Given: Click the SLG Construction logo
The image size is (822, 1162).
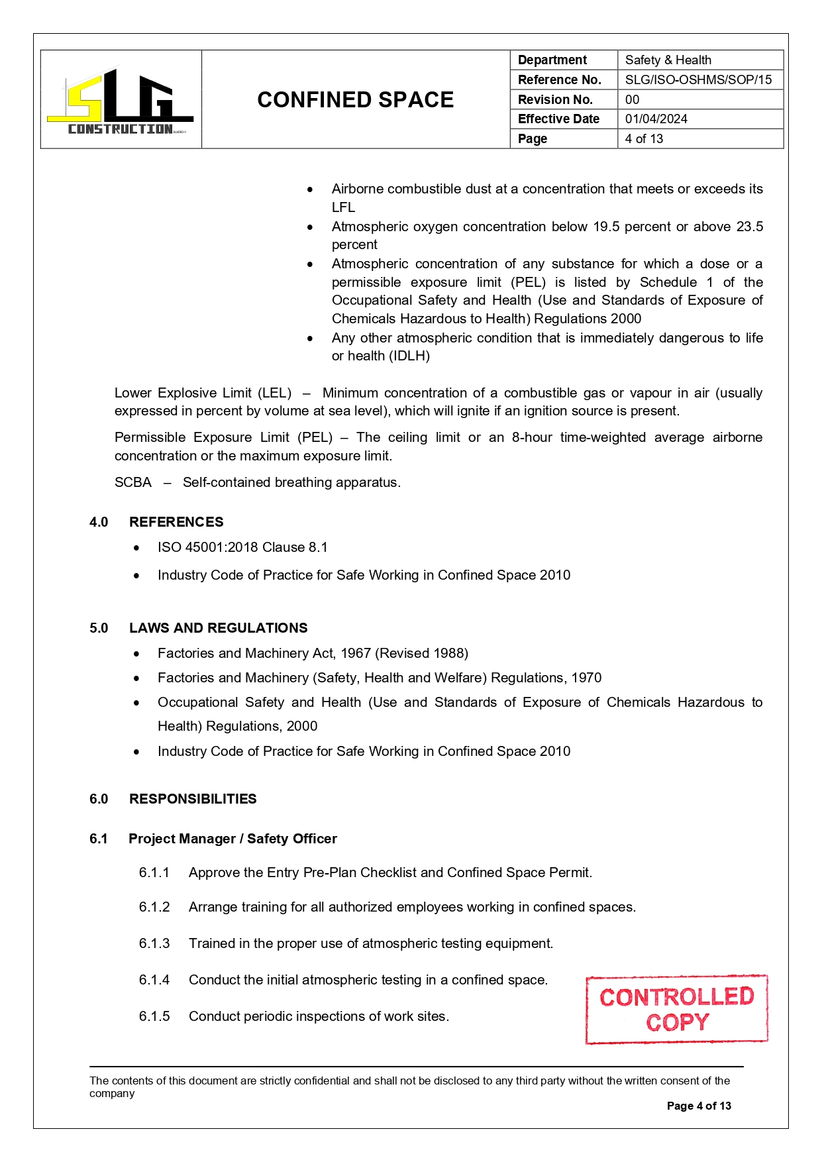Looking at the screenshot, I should pyautogui.click(x=120, y=101).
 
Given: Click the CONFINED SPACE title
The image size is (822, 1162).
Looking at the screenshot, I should pyautogui.click(x=355, y=99).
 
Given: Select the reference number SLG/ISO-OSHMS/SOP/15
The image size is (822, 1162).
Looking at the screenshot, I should pyautogui.click(x=698, y=79).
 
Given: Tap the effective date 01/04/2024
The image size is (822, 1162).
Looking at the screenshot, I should pyautogui.click(x=656, y=119).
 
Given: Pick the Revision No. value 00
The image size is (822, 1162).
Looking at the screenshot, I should pyautogui.click(x=632, y=99).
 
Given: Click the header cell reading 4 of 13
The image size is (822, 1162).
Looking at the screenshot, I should pyautogui.click(x=644, y=138).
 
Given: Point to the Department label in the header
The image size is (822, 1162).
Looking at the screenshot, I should pyautogui.click(x=552, y=60).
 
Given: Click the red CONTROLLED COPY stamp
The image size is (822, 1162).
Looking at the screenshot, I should pyautogui.click(x=676, y=1009).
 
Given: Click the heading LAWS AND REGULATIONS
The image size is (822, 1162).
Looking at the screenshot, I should pyautogui.click(x=218, y=628).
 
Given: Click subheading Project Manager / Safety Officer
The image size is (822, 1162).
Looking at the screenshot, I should pyautogui.click(x=232, y=839).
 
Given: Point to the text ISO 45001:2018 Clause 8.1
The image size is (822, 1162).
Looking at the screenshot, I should pyautogui.click(x=242, y=547).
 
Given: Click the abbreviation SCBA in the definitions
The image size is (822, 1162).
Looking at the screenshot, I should pyautogui.click(x=132, y=482).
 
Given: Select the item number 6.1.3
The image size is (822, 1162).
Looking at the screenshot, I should pyautogui.click(x=154, y=943).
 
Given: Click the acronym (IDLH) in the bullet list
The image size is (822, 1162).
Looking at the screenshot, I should pyautogui.click(x=409, y=356).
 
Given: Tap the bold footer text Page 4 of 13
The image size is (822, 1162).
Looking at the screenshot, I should pyautogui.click(x=698, y=1106).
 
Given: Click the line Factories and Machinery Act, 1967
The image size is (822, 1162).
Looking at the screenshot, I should pyautogui.click(x=313, y=653).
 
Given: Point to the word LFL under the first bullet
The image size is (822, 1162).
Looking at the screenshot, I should pyautogui.click(x=343, y=207).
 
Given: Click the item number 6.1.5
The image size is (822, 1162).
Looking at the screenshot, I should pyautogui.click(x=154, y=1016).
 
